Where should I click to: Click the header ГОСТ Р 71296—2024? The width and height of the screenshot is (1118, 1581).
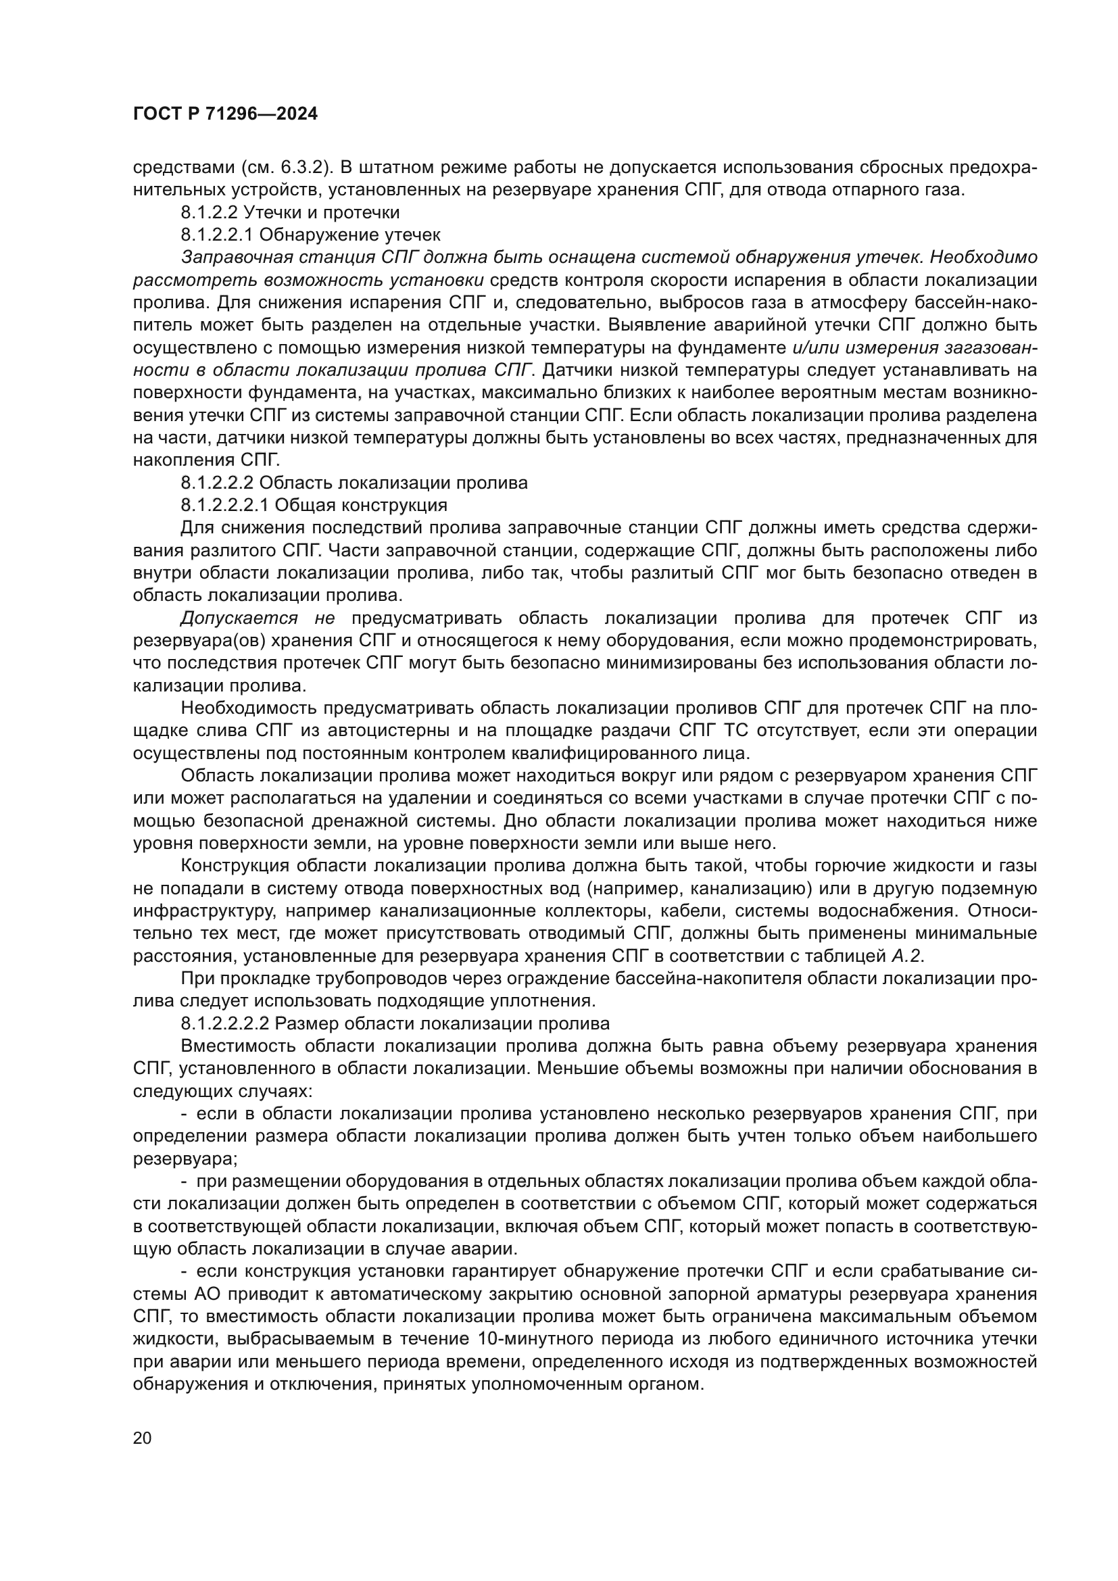coord(225,114)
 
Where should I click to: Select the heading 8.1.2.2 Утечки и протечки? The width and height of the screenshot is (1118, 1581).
coord(290,212)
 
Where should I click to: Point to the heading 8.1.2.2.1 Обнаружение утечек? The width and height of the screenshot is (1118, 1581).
coord(310,235)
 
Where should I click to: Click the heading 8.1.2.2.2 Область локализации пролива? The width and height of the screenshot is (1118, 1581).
coord(354,483)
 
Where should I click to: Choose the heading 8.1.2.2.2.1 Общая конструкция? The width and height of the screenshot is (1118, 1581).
coord(314,505)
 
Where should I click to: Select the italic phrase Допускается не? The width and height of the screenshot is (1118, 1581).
coord(257,618)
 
